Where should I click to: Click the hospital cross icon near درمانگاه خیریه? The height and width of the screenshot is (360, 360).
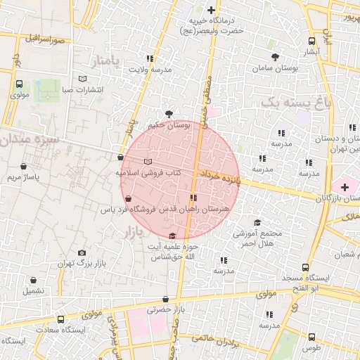(211, 10)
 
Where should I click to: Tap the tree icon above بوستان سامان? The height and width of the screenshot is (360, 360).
(274, 57)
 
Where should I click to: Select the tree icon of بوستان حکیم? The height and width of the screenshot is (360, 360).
(169, 112)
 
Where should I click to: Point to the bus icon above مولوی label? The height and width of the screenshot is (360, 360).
(19, 84)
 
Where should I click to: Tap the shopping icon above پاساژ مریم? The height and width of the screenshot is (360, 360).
(25, 167)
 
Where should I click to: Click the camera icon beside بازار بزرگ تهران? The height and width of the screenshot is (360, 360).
(82, 252)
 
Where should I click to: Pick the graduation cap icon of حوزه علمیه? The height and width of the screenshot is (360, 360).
(173, 236)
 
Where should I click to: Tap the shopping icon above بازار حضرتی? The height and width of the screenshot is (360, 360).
(165, 299)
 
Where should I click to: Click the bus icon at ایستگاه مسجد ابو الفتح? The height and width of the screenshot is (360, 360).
(305, 267)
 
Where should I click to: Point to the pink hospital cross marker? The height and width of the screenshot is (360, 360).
(345, 187)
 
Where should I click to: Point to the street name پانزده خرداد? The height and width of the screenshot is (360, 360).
(220, 176)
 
